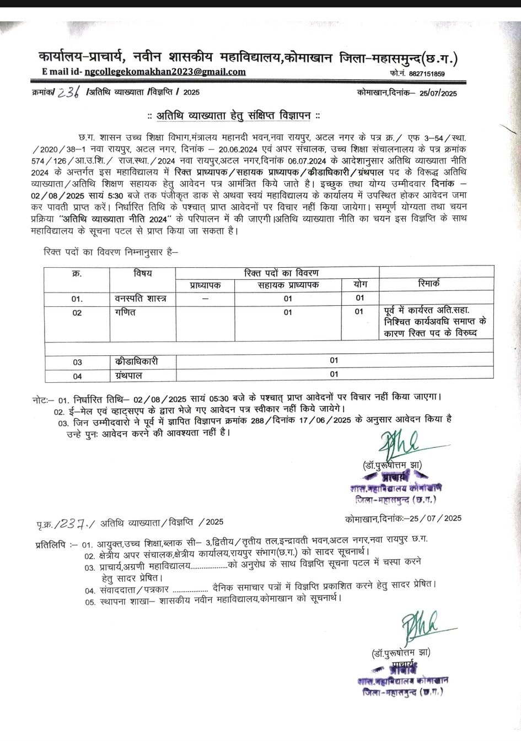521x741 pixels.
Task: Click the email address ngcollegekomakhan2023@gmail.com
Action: (x=165, y=72)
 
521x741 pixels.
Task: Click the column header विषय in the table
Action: (x=142, y=273)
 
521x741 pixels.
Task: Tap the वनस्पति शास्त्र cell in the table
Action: (x=142, y=299)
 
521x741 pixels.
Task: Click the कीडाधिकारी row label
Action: (x=137, y=361)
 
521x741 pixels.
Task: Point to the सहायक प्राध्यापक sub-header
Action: (x=288, y=285)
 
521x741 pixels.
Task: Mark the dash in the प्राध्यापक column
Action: (x=205, y=299)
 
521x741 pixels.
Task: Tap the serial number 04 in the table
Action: (x=77, y=376)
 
